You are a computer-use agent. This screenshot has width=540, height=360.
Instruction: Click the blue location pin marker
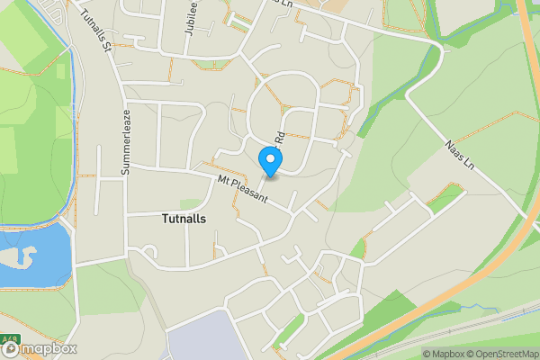(270, 161)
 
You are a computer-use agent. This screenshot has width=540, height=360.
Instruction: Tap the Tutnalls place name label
(188, 218)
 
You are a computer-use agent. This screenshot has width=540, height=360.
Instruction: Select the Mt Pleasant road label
(243, 192)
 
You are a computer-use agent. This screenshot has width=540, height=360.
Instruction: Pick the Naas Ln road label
(458, 154)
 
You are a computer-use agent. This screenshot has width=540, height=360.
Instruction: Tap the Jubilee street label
(190, 18)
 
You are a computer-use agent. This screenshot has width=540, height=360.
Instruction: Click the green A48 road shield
(10, 338)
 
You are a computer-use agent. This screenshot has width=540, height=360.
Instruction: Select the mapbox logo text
(45, 349)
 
